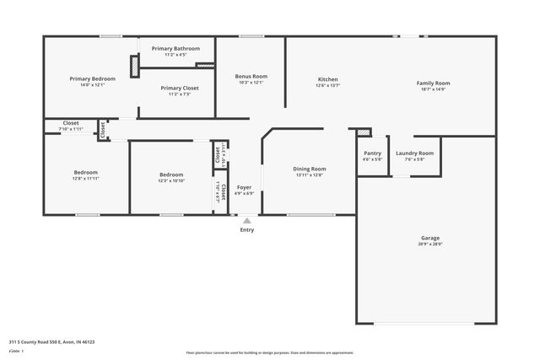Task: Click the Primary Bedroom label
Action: tap(92, 78)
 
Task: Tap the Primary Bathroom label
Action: tap(174, 48)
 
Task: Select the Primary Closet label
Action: tap(179, 88)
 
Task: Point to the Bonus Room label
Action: tap(251, 77)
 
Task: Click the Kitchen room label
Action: tap(327, 79)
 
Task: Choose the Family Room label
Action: tap(433, 83)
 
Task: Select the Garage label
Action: tap(430, 238)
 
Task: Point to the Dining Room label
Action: tap(310, 169)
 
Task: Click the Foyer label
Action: tap(244, 186)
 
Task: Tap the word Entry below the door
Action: tap(246, 229)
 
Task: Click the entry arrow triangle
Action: tap(246, 220)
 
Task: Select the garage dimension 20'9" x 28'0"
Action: tap(430, 244)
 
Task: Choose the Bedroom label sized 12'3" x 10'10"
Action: tap(171, 175)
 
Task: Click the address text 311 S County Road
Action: tap(51, 342)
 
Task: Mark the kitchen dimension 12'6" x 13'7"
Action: tap(327, 85)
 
